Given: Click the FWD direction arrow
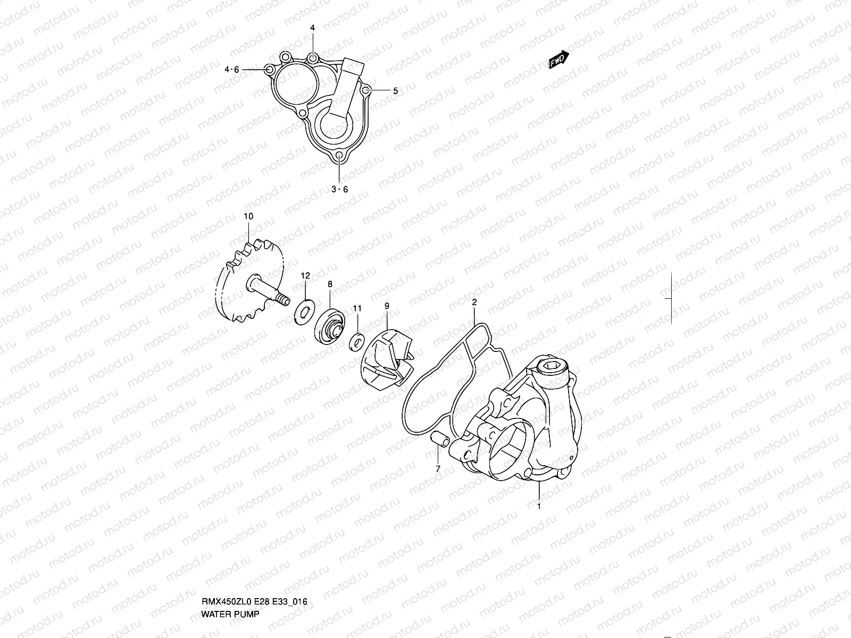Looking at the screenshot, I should click(x=558, y=60).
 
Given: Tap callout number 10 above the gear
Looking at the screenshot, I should click(x=248, y=216).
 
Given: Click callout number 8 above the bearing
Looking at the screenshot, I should click(x=330, y=284).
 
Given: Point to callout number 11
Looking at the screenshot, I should click(x=357, y=308).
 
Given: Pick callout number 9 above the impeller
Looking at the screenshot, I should click(x=387, y=306).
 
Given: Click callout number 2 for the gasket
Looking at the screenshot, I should click(x=474, y=302).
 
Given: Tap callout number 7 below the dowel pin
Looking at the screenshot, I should click(x=438, y=469).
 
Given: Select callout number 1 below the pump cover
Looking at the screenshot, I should click(x=539, y=507).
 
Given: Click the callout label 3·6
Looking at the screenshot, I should click(x=339, y=189).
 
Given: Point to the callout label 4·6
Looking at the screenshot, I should click(x=232, y=69).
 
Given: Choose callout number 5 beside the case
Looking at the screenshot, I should click(x=395, y=91).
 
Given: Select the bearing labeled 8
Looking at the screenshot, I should click(x=330, y=325).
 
